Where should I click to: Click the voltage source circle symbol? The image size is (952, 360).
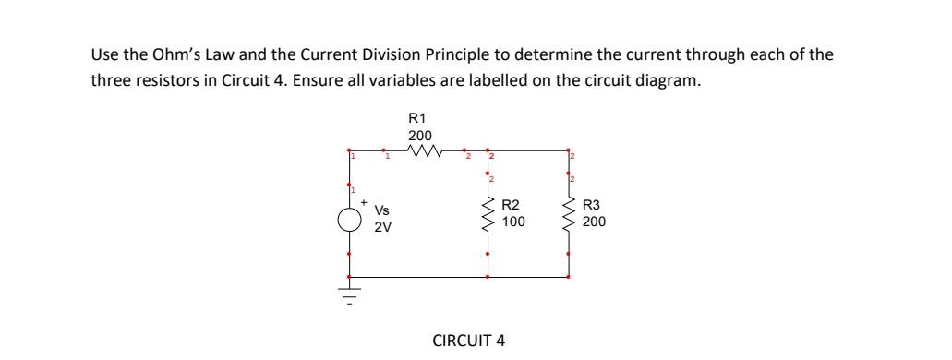(x=349, y=220)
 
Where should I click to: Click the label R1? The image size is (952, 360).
(x=416, y=118)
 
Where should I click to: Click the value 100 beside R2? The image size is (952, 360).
(x=513, y=222)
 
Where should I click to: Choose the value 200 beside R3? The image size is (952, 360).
(x=595, y=222)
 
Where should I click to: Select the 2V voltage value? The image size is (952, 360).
(x=382, y=228)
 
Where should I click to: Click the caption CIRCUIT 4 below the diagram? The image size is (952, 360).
(x=468, y=340)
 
